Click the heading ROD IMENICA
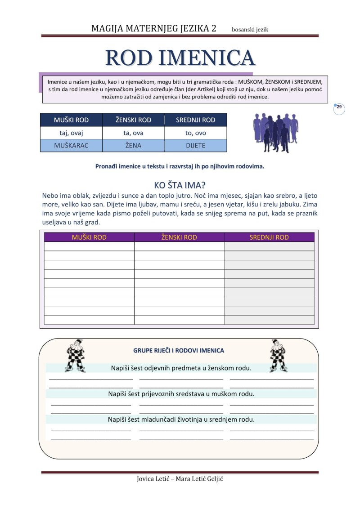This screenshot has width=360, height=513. (180, 58)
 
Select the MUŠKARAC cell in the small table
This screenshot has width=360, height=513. (71, 146)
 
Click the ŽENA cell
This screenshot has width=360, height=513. (133, 146)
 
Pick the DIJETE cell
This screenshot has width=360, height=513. (195, 146)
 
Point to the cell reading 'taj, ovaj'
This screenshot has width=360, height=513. (71, 133)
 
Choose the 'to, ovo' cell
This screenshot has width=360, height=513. (195, 133)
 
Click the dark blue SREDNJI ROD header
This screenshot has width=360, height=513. (195, 120)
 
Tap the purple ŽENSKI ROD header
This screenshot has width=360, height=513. (179, 237)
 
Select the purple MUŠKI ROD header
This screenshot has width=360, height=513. (89, 237)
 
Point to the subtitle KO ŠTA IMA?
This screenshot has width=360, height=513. (180, 185)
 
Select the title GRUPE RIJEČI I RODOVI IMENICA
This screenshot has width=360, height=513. (179, 350)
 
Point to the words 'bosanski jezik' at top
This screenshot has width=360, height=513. (250, 30)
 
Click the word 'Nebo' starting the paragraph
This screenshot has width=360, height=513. (49, 196)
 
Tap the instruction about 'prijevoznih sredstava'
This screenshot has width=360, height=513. (181, 394)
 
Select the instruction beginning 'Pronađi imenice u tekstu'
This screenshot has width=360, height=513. (180, 166)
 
